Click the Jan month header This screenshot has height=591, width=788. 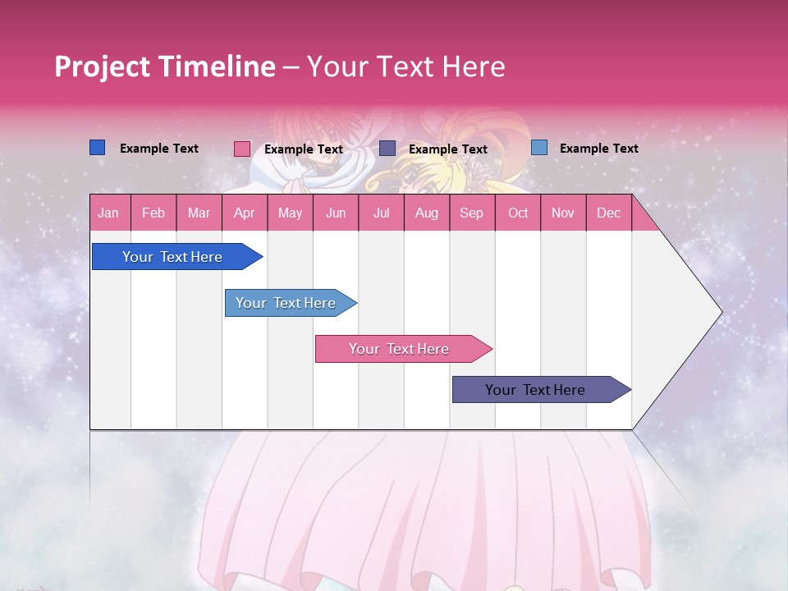pos(108,213)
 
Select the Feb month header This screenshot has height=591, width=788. pos(153,213)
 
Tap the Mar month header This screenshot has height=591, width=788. pos(199,213)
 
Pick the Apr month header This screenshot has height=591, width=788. pos(245,213)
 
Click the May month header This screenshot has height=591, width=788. pos(290,213)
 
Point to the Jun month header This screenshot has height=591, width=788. pos(336,213)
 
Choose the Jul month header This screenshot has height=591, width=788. pos(381,213)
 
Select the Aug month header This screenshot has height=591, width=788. pos(427,213)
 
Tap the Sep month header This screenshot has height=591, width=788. pos(472,213)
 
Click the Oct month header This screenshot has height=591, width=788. pos(518,213)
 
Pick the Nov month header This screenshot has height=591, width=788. pos(563,213)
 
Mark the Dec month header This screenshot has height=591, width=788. pos(608,213)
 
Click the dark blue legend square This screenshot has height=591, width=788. pos(98,148)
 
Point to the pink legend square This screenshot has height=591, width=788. pos(242,149)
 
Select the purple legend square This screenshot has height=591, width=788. pos(387,149)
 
